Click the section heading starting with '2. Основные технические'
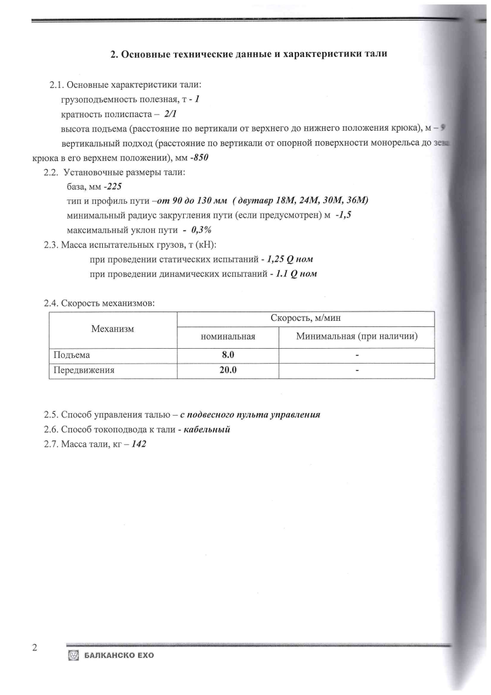click(249, 54)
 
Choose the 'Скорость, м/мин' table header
click(306, 318)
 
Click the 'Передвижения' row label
click(84, 370)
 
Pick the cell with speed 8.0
click(228, 356)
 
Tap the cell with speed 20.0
click(228, 370)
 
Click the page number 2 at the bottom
click(35, 648)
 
